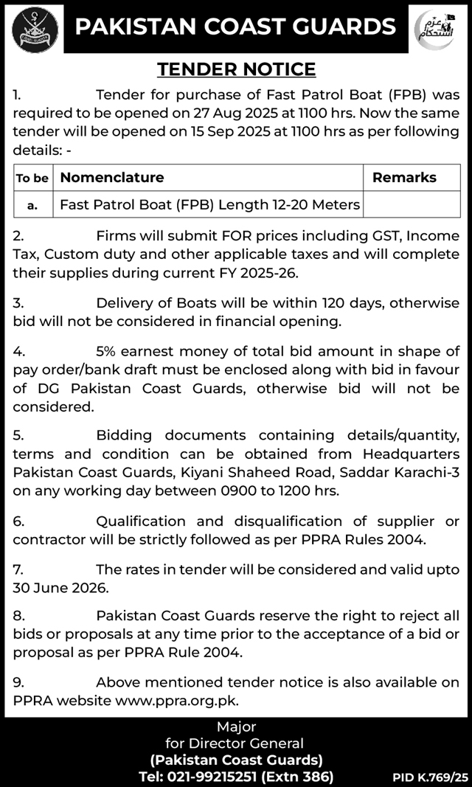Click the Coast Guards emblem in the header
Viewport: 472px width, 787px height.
click(31, 27)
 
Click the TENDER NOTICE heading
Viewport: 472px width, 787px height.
click(236, 69)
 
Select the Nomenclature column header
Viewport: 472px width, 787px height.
click(112, 178)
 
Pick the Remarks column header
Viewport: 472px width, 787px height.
click(404, 178)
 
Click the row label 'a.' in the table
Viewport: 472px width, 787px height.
click(32, 205)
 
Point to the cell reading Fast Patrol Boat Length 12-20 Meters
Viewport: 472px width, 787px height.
click(209, 204)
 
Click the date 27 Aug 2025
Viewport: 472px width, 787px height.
click(243, 114)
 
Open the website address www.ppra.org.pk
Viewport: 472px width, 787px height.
click(177, 701)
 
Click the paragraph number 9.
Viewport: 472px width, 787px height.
click(18, 683)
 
